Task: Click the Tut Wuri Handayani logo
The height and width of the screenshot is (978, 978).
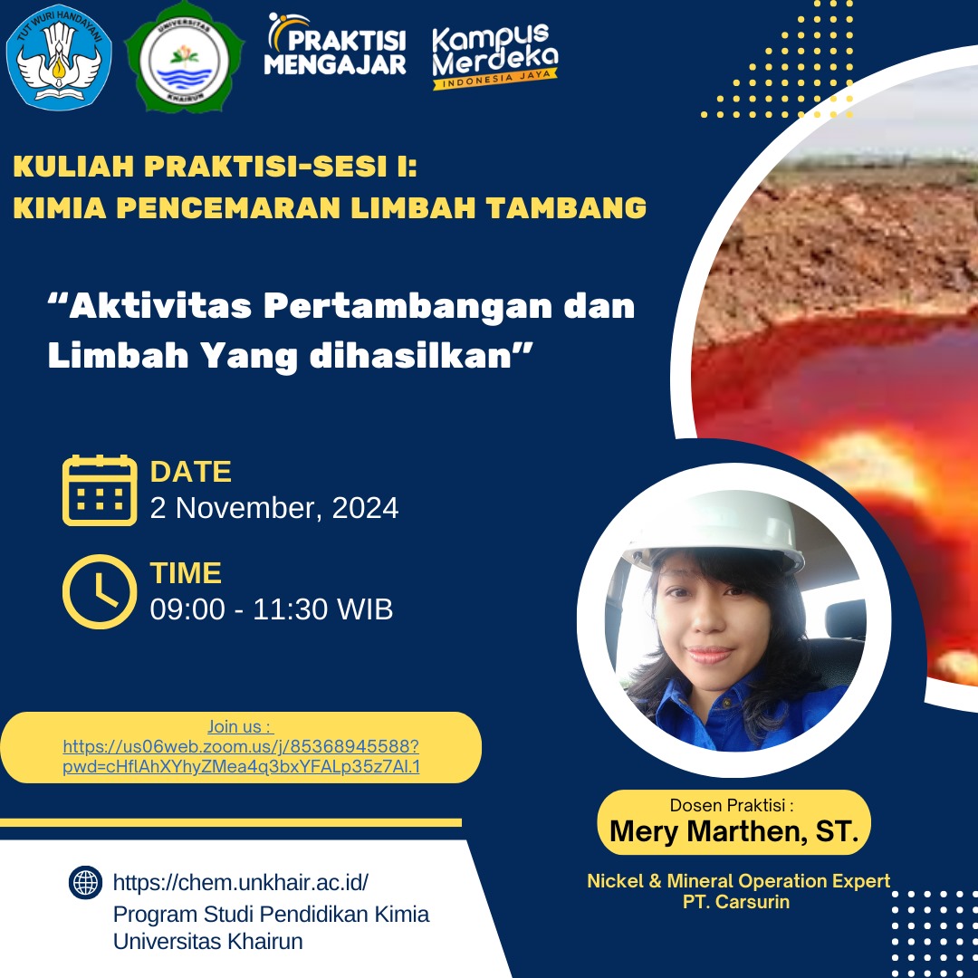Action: (60, 57)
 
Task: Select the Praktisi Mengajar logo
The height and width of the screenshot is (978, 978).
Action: (337, 45)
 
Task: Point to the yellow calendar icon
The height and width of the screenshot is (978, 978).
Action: (100, 490)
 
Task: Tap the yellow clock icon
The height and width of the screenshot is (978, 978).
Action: (100, 591)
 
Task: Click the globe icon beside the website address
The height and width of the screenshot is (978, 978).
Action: (85, 882)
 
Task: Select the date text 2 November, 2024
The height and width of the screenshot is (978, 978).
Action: (274, 508)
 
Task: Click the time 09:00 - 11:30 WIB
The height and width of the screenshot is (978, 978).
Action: (272, 609)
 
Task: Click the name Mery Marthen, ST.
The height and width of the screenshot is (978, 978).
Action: (733, 830)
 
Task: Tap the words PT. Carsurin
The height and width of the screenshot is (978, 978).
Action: (737, 902)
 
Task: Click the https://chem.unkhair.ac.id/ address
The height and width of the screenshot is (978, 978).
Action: (241, 882)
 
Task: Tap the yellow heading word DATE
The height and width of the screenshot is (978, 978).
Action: (191, 472)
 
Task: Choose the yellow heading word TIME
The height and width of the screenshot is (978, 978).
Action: (186, 573)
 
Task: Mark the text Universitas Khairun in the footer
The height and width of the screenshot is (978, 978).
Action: (208, 941)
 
